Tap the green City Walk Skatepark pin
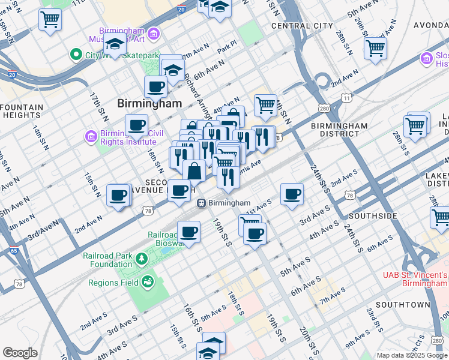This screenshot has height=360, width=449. pos(76,55)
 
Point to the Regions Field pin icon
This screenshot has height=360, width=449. pos(146,282)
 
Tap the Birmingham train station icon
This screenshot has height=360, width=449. pos(203,203)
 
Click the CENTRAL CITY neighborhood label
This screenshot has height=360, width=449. pos(302,26)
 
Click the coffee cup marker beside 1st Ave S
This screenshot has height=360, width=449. pos(292,194)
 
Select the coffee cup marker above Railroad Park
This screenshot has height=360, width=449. pos(189,231)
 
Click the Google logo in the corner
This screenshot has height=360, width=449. pos(20,353)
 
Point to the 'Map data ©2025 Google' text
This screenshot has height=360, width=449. pos(412,355)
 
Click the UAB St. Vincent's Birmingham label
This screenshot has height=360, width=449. pos(415,279)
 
